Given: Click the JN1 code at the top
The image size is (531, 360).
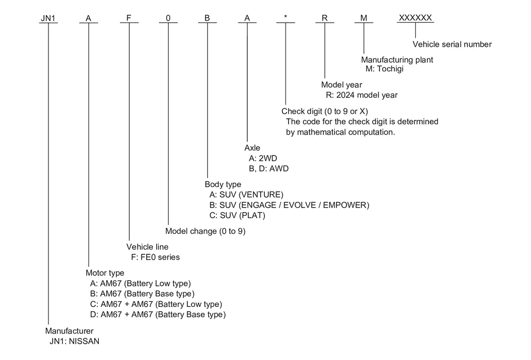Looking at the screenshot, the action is tap(48, 18).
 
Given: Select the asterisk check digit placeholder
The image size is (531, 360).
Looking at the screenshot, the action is tap(286, 17).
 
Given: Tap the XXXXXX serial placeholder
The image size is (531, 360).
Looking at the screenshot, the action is tap(415, 18).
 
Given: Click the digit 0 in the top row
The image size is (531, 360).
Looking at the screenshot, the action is tap(168, 18).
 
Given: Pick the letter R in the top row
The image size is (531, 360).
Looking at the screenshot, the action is tap(325, 18).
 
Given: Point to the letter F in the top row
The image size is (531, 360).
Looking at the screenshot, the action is tap(129, 18).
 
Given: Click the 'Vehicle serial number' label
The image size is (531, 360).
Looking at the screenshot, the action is tap(452, 44).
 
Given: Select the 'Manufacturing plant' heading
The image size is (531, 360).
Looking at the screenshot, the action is tap(397, 60).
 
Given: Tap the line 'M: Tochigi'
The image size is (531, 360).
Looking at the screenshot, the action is tap(384, 69).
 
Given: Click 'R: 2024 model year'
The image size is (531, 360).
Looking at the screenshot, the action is tap(362, 95).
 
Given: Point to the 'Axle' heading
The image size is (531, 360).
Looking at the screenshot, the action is tap(252, 148).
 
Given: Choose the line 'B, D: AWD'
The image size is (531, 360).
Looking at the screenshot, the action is tap(269, 169).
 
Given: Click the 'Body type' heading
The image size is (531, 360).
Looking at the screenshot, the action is tap(223, 184).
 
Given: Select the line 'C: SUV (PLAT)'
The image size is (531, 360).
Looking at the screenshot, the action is tap(237, 215).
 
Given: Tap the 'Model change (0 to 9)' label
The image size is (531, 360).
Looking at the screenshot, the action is tap(205, 231).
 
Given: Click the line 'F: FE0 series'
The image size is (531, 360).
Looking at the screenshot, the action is tap(156, 258).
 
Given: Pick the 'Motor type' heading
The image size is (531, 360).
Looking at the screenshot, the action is tap(105, 273).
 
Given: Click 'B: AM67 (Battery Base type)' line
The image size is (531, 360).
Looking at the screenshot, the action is tap(142, 294).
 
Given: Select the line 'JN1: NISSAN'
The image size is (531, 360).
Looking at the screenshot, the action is tap(75, 342).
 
